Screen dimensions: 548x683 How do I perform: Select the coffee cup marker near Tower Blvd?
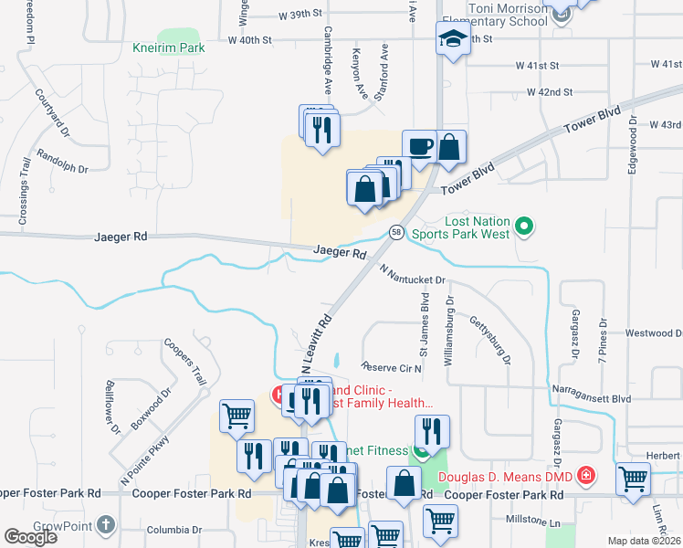click(x=419, y=148)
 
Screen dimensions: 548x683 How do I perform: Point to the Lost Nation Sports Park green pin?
click(x=524, y=224)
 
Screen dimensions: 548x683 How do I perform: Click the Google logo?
click(x=30, y=537)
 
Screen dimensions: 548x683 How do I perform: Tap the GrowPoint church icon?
click(x=106, y=525)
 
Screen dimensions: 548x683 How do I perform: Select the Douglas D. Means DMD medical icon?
click(x=585, y=476)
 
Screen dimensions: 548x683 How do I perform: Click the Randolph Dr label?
click(x=64, y=168)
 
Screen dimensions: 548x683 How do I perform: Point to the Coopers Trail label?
click(x=185, y=363)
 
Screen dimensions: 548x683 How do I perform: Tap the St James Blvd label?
click(x=424, y=323)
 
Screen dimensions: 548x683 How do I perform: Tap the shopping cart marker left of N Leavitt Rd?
click(x=236, y=416)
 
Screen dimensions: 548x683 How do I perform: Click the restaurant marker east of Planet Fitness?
click(x=432, y=431)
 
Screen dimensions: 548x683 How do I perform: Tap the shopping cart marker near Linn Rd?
click(x=633, y=478)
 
